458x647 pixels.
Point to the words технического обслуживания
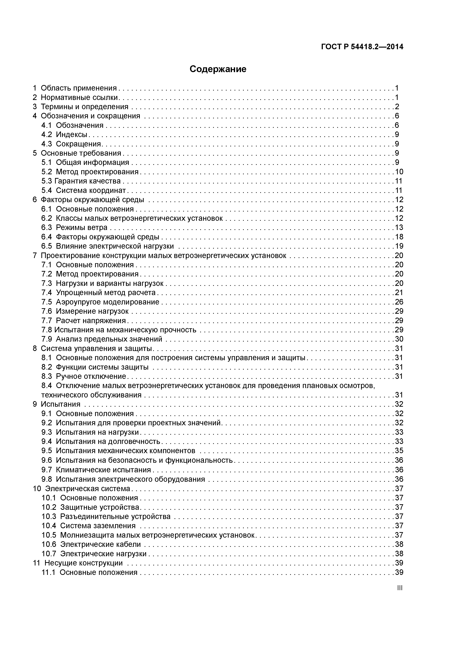(91, 395)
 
